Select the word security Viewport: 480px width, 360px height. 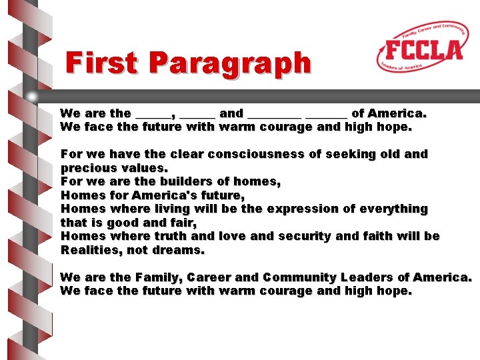click(x=305, y=236)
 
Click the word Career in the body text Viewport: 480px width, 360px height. click(x=209, y=277)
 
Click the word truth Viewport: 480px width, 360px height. click(x=170, y=236)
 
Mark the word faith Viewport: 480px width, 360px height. click(x=389, y=236)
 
